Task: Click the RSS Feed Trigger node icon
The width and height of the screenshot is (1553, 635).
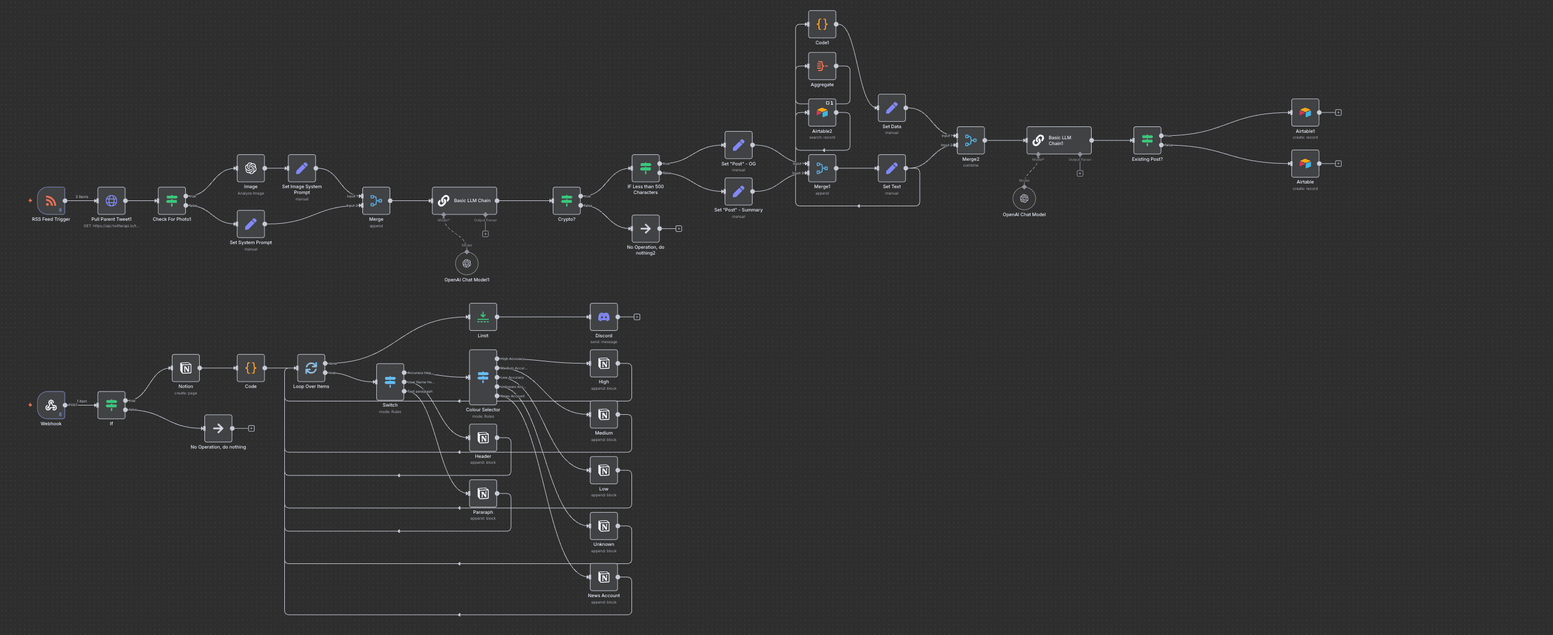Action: tap(51, 201)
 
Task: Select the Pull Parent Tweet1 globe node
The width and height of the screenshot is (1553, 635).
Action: tap(111, 201)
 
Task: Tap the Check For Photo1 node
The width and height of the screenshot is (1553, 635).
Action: tap(172, 201)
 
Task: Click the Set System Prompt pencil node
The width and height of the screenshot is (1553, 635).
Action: tap(251, 224)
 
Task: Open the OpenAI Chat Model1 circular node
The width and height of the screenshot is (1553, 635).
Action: tap(467, 263)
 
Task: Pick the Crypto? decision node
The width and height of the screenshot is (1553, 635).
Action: tap(567, 201)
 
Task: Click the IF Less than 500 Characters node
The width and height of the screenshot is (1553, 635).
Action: tap(645, 168)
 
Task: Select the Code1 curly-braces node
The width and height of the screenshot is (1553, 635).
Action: tap(822, 24)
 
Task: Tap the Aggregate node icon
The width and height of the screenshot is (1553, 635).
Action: tap(822, 66)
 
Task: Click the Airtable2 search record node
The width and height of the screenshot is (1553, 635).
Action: tap(822, 113)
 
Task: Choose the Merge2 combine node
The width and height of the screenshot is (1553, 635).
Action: tap(970, 140)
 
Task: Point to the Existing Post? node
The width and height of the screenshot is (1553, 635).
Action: tap(1146, 140)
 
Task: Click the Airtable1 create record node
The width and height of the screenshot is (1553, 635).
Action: tap(1305, 113)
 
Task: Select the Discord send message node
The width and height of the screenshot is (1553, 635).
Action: tap(603, 317)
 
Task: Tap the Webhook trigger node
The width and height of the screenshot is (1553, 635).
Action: tap(51, 405)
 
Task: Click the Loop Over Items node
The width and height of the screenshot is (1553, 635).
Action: tap(311, 368)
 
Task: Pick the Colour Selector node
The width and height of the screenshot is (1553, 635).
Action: tap(483, 378)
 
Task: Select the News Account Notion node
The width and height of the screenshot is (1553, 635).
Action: tap(603, 578)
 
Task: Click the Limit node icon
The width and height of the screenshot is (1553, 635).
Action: tap(483, 317)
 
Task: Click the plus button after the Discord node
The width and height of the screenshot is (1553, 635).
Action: tap(637, 317)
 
